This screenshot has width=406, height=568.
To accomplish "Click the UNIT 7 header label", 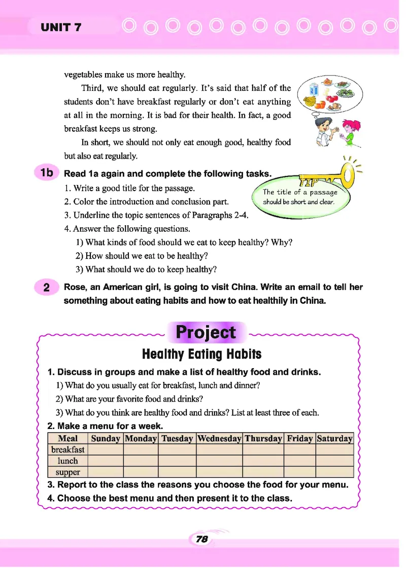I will pyautogui.click(x=61, y=27).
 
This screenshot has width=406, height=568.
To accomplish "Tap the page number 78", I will pyautogui.click(x=201, y=540).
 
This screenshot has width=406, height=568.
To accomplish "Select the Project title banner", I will pyautogui.click(x=206, y=333).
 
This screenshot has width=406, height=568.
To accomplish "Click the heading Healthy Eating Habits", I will pyautogui.click(x=201, y=353).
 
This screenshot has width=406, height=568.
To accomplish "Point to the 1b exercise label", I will pyautogui.click(x=47, y=172).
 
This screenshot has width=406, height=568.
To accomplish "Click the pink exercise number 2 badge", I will pyautogui.click(x=46, y=288).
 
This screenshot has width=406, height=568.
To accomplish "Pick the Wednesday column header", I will pyautogui.click(x=219, y=439).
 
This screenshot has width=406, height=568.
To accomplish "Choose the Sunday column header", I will pyautogui.click(x=105, y=439).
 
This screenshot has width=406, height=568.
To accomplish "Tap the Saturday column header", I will pyautogui.click(x=334, y=439).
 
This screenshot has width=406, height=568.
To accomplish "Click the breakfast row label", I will pyautogui.click(x=67, y=450).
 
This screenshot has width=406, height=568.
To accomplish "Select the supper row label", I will pyautogui.click(x=67, y=472).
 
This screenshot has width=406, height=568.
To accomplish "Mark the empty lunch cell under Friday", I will pyautogui.click(x=299, y=461).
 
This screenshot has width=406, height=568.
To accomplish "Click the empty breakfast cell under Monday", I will pyautogui.click(x=141, y=450).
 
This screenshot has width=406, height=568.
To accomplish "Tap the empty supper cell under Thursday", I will pyautogui.click(x=263, y=472).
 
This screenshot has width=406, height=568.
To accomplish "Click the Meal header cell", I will pyautogui.click(x=67, y=439).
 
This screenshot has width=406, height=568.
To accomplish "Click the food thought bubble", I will pyautogui.click(x=330, y=95).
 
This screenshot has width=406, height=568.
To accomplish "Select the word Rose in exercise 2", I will pyautogui.click(x=75, y=287).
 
